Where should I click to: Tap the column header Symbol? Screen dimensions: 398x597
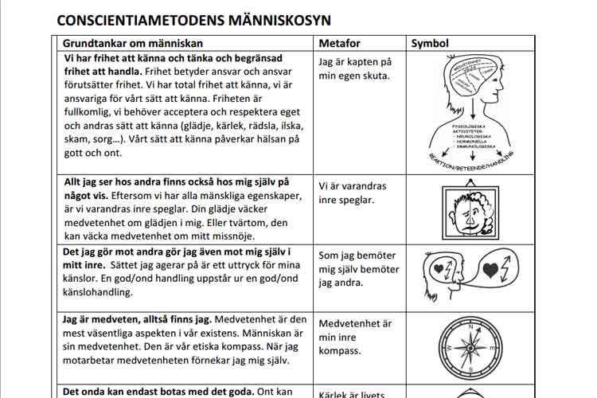click(430, 43)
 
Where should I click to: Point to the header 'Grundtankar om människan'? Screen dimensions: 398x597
click(133, 43)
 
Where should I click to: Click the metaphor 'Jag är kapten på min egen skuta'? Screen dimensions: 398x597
click(354, 68)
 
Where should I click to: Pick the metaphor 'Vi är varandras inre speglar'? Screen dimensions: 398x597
click(352, 193)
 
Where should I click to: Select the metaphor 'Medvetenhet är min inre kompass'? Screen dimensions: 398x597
click(354, 337)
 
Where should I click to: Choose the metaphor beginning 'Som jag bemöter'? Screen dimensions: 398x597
click(358, 269)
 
